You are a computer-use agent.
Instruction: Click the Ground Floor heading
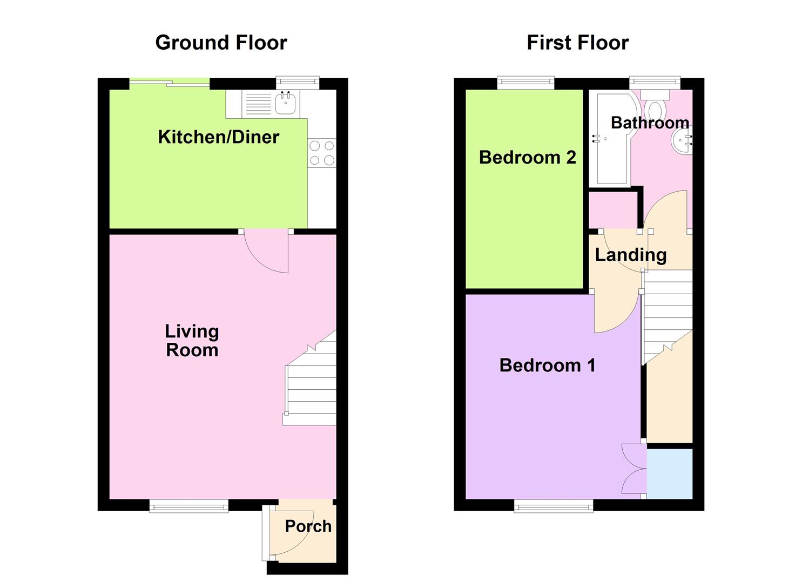click(221, 43)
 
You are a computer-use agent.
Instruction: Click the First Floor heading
click(577, 43)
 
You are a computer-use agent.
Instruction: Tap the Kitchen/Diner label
click(218, 137)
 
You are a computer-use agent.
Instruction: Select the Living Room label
click(192, 341)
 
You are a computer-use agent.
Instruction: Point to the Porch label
click(308, 526)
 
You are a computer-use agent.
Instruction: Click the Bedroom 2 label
click(527, 157)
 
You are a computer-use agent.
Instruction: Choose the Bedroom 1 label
click(547, 365)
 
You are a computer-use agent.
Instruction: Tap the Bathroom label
click(650, 123)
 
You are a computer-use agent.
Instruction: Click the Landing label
click(630, 254)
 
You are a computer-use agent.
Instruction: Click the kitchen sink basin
click(286, 103)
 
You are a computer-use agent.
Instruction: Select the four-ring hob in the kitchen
click(322, 153)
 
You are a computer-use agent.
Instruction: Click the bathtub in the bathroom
click(608, 138)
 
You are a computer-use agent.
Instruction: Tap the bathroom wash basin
click(683, 140)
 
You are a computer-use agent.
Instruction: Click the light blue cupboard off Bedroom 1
click(670, 473)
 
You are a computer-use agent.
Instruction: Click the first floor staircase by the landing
click(667, 313)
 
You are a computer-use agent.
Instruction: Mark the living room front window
click(189, 506)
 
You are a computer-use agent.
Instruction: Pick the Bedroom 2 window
click(525, 83)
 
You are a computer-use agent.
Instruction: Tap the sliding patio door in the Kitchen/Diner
click(170, 83)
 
